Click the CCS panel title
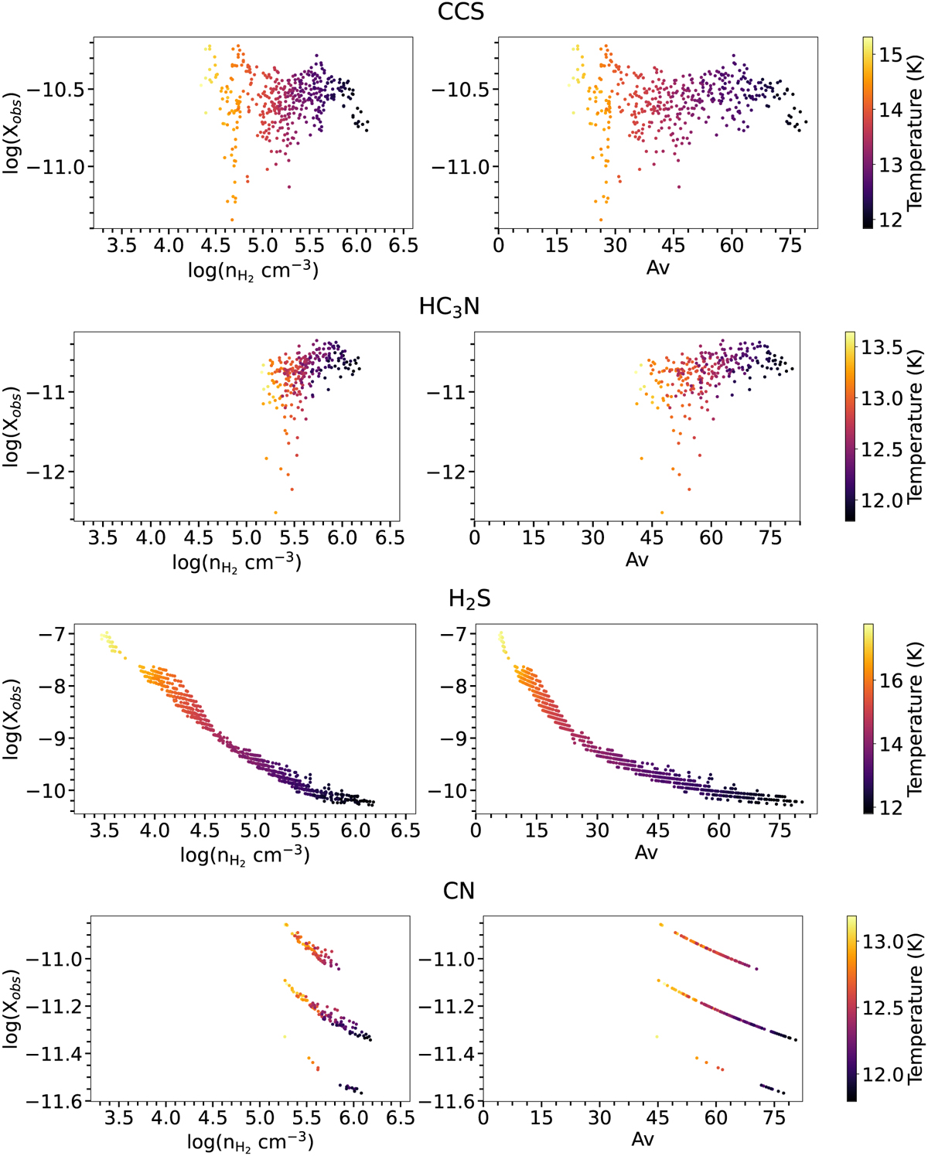461,13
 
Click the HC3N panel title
449,307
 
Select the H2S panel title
469,600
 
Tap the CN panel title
459,892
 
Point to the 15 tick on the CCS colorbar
891,54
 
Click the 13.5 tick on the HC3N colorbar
882,347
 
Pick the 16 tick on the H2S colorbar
891,680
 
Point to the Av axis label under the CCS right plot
657,268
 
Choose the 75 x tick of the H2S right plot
780,830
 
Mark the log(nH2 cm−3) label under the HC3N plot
236,561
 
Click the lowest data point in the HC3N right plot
661,512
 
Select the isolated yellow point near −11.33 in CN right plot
657,1037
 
